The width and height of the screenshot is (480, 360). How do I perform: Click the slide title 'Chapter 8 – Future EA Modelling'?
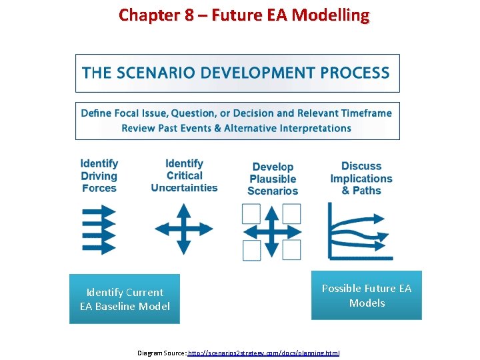pyautogui.click(x=243, y=15)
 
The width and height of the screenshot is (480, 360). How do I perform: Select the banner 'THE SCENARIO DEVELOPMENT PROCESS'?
pyautogui.click(x=237, y=73)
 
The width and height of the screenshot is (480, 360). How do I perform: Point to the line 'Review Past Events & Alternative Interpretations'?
pyautogui.click(x=236, y=128)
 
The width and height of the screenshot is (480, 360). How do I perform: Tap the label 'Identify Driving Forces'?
pyautogui.click(x=99, y=176)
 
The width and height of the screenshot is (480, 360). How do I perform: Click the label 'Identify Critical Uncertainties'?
pyautogui.click(x=185, y=176)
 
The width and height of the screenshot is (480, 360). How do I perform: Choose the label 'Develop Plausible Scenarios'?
pyautogui.click(x=273, y=179)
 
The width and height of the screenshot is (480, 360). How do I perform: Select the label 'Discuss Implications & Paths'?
pyautogui.click(x=361, y=178)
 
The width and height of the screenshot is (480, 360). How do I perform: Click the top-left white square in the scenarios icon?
pyautogui.click(x=251, y=213)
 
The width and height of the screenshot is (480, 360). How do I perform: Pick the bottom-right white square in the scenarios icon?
pyautogui.click(x=291, y=250)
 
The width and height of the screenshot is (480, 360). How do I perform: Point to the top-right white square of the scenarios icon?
pyautogui.click(x=291, y=213)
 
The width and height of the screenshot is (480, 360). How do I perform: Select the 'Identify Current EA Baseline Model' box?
pyautogui.click(x=125, y=299)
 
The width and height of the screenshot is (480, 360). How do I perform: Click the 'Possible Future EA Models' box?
pyautogui.click(x=367, y=295)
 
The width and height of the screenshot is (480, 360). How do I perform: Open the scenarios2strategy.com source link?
pyautogui.click(x=264, y=352)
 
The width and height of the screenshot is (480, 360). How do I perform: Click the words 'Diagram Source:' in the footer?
pyautogui.click(x=161, y=352)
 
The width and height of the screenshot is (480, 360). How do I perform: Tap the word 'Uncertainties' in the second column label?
pyautogui.click(x=185, y=188)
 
